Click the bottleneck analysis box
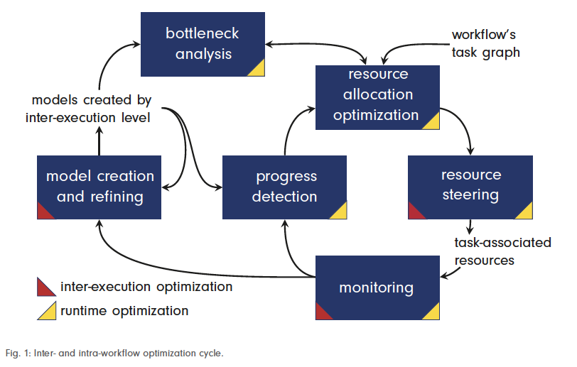click(203, 44)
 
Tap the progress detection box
click(284, 187)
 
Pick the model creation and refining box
click(99, 187)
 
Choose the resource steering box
click(470, 187)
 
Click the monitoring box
click(377, 287)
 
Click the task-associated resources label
click(502, 251)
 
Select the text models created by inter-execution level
click(91, 109)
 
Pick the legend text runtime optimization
click(124, 311)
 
